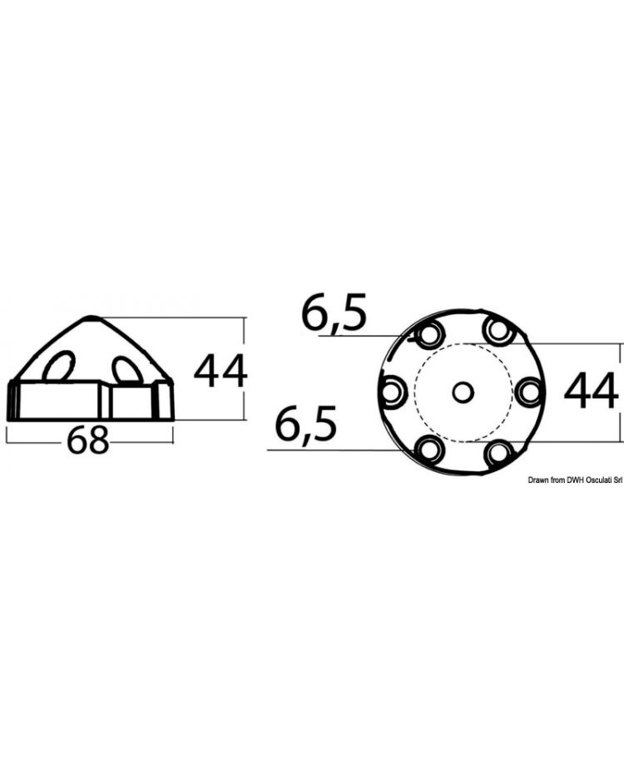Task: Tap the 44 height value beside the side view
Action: [x=220, y=372]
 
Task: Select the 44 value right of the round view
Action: [x=592, y=391]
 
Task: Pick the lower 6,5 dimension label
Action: [x=305, y=426]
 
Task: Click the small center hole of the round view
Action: [x=461, y=391]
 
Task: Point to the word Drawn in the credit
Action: [x=537, y=504]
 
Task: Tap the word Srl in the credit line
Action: [x=617, y=504]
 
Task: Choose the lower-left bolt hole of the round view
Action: [x=429, y=449]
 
